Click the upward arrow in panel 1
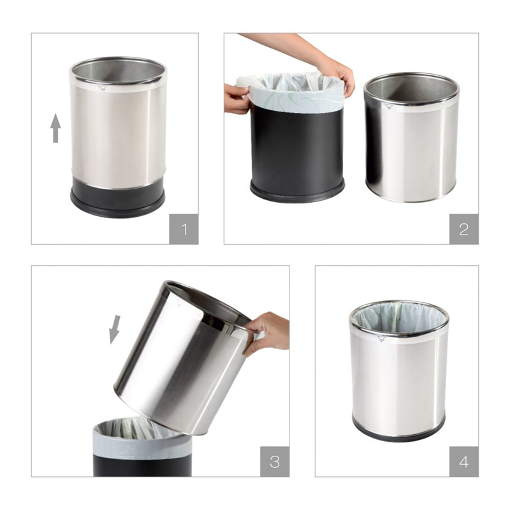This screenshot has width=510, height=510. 56,128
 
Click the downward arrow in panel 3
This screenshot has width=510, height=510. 115,330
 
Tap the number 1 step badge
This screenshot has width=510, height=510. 184,229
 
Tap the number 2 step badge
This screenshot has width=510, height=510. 464,229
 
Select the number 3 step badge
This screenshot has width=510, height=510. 275,462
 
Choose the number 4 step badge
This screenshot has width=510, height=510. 464,462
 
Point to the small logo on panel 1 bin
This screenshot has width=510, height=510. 103,88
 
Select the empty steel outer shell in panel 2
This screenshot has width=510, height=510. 411,137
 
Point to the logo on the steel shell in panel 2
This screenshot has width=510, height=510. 388,106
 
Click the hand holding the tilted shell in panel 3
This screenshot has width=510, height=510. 266,335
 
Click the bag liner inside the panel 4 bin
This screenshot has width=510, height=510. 398,321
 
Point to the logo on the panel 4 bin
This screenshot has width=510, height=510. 381,339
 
